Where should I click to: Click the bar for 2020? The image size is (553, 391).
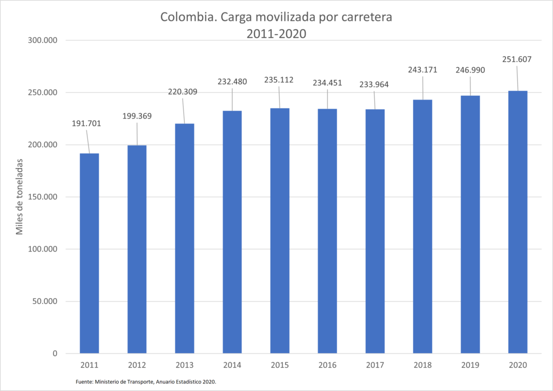[517, 222]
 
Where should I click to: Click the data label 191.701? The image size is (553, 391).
[86, 124]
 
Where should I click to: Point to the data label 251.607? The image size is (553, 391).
[517, 59]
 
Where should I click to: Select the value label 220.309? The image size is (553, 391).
[182, 92]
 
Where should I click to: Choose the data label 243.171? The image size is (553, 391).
[422, 70]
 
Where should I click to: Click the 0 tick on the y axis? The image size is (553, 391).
[55, 354]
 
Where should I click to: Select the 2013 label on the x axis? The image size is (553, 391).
[185, 366]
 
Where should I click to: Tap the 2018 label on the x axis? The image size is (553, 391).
[422, 366]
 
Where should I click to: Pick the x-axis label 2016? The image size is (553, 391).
[327, 366]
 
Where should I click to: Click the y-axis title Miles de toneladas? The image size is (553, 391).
[19, 197]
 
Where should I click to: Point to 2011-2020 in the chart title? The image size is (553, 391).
[276, 34]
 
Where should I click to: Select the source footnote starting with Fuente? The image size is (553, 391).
[146, 382]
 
